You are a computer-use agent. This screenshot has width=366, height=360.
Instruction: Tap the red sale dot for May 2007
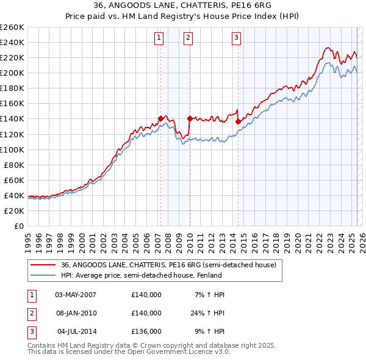click(x=160, y=118)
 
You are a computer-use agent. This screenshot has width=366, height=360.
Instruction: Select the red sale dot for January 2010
click(x=190, y=118)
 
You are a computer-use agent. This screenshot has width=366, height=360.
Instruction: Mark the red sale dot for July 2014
click(x=237, y=121)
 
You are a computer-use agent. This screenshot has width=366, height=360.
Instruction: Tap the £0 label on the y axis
click(x=18, y=226)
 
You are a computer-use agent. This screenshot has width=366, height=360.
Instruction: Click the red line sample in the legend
click(x=43, y=265)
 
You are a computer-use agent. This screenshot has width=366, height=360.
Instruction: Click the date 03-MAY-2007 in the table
click(x=75, y=295)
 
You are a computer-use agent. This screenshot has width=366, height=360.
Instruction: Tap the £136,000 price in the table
click(x=146, y=331)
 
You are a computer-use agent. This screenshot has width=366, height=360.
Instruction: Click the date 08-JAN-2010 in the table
click(x=75, y=313)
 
